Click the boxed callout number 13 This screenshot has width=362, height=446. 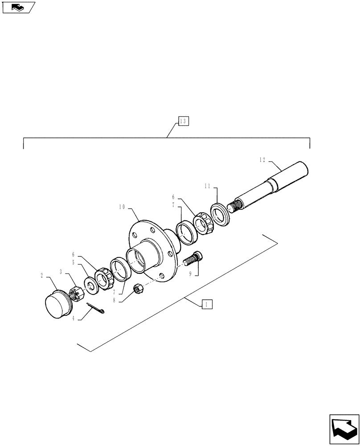(184, 121)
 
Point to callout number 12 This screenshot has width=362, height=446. (263, 159)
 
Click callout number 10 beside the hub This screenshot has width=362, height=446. (122, 207)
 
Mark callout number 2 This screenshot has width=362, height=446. (42, 276)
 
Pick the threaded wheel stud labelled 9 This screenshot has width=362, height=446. (192, 258)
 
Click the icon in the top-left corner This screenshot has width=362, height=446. (18, 7)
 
